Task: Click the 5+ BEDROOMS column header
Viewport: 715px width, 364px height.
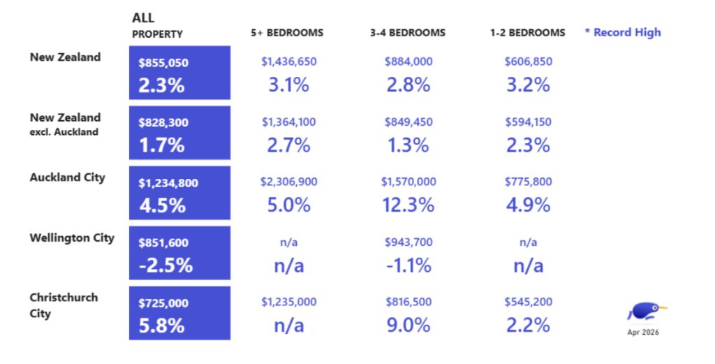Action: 287,33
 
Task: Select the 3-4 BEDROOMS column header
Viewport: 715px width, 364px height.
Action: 408,33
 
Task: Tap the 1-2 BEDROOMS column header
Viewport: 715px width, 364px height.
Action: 528,33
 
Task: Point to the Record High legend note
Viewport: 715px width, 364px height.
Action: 623,32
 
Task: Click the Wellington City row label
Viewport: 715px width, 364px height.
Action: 72,238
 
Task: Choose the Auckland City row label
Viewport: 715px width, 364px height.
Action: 68,177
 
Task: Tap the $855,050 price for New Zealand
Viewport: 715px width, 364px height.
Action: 163,63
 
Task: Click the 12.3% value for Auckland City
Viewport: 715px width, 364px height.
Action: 408,205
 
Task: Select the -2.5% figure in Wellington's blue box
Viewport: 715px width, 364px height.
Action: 165,265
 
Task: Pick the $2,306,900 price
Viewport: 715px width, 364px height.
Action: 288,182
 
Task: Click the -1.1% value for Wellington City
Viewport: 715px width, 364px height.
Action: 408,265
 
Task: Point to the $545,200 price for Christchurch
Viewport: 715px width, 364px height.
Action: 528,302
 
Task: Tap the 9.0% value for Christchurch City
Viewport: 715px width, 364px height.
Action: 408,326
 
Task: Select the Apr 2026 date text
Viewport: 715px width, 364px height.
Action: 643,332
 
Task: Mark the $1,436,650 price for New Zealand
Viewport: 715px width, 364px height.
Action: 288,61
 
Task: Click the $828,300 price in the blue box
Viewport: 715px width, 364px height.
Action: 163,123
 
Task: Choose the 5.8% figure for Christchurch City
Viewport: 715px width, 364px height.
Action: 162,326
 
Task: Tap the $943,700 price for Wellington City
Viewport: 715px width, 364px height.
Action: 408,242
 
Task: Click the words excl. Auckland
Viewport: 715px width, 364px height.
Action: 64,132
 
